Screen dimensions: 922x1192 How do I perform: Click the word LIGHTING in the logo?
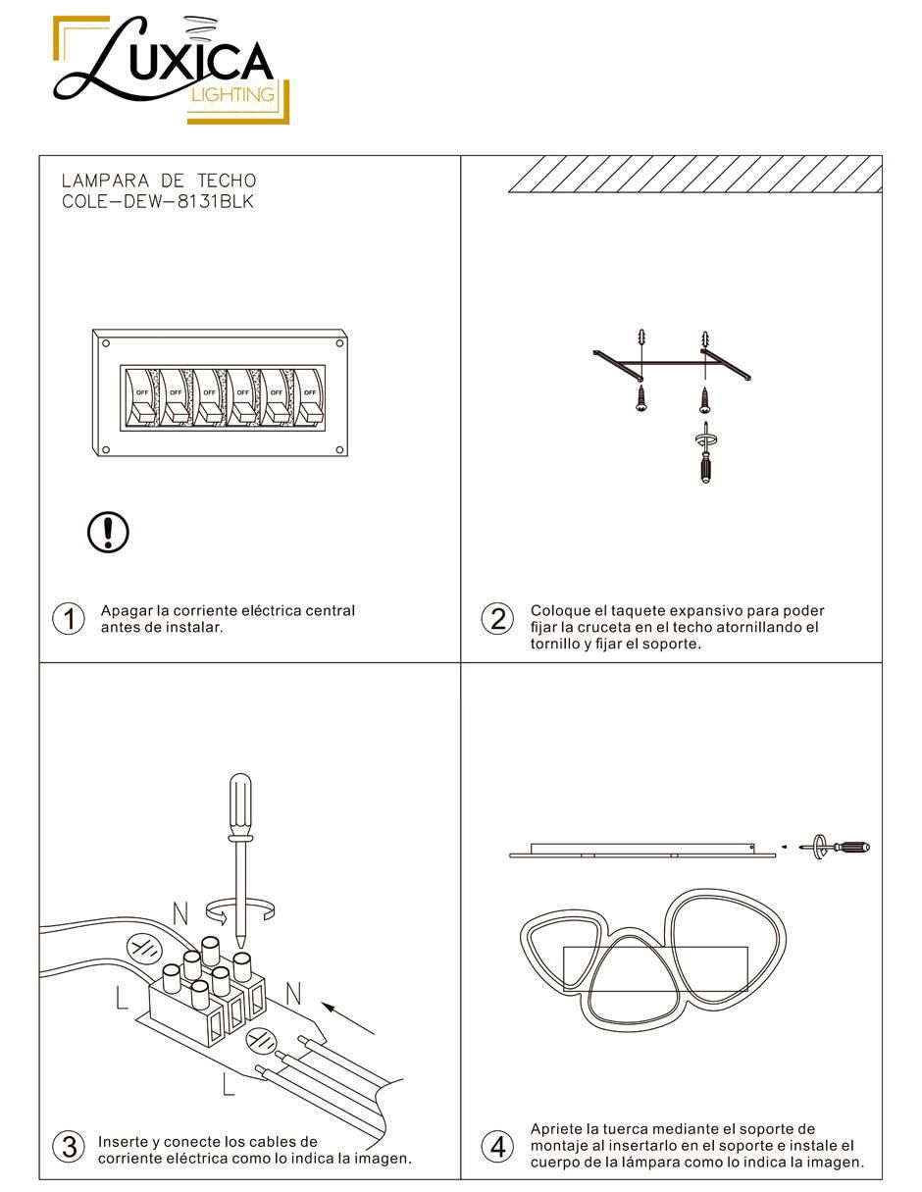tap(232, 94)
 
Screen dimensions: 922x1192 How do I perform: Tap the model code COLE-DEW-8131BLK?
tap(158, 201)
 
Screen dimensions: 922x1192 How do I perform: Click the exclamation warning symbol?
tap(108, 532)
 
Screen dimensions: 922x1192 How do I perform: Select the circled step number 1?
tap(69, 619)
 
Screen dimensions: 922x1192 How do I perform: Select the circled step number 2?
tap(497, 619)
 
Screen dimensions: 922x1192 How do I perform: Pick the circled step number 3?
tap(69, 1147)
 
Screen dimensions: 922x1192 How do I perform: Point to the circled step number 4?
tap(497, 1147)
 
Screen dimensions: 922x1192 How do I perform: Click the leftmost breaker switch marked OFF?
tap(141, 397)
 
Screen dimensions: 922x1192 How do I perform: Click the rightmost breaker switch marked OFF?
tap(309, 397)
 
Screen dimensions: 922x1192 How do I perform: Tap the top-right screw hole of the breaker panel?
tap(339, 343)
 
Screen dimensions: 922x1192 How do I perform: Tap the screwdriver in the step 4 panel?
tap(835, 848)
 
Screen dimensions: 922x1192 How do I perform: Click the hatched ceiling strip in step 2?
tap(695, 174)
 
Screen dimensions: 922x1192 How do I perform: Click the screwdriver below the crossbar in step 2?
tap(705, 452)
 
